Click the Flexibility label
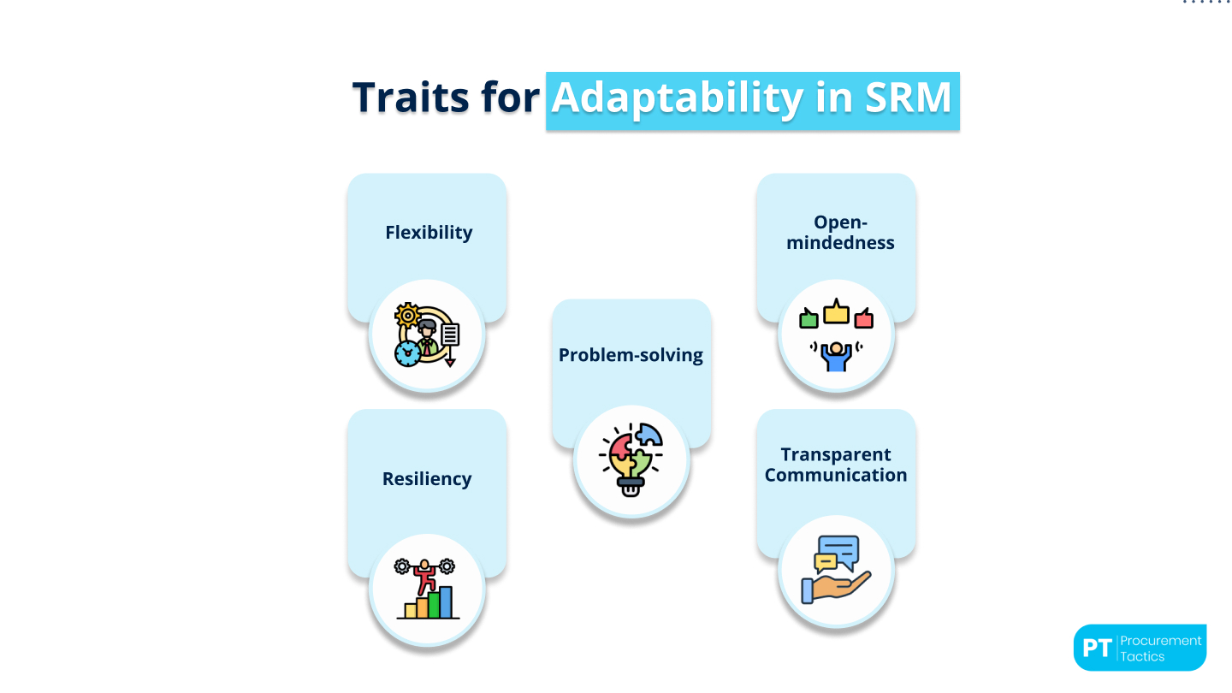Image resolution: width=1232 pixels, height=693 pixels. [429, 233]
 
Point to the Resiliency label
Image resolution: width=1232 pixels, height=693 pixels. [427, 479]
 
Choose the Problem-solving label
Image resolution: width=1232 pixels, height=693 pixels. [631, 355]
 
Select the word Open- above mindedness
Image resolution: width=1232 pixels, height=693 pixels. [836, 222]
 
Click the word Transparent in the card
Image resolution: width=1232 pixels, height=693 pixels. [836, 455]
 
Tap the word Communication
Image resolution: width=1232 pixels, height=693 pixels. [836, 476]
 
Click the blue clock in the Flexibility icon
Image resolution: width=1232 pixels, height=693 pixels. [407, 352]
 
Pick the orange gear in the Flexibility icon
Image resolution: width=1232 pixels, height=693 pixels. [407, 315]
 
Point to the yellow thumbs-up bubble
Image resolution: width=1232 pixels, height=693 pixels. [836, 312]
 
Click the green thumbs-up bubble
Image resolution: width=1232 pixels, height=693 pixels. [809, 319]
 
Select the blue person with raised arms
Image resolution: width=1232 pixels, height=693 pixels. [836, 353]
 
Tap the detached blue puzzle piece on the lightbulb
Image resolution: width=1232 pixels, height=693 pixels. [649, 435]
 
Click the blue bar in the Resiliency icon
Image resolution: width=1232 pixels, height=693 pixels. [446, 602]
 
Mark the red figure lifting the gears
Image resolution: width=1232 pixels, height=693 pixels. [423, 578]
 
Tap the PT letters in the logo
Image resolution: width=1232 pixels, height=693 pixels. [1096, 648]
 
